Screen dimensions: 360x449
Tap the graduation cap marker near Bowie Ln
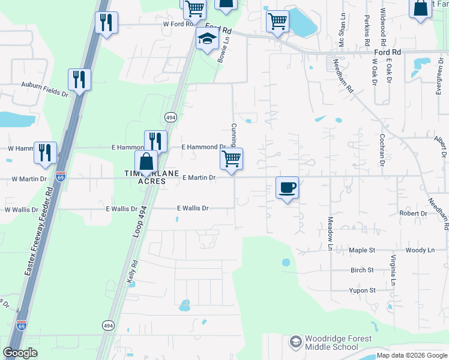click(x=206, y=40)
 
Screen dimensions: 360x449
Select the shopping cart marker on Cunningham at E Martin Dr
click(x=231, y=159)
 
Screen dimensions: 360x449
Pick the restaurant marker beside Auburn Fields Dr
click(x=79, y=79)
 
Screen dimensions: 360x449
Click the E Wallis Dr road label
click(x=193, y=208)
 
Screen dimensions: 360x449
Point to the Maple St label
click(x=362, y=250)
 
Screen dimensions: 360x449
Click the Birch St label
click(x=362, y=270)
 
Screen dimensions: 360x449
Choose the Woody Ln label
click(x=420, y=250)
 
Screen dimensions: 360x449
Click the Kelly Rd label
click(x=133, y=271)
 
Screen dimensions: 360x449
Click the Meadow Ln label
click(x=330, y=229)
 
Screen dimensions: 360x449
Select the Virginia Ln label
click(x=393, y=270)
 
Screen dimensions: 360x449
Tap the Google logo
click(x=20, y=353)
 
